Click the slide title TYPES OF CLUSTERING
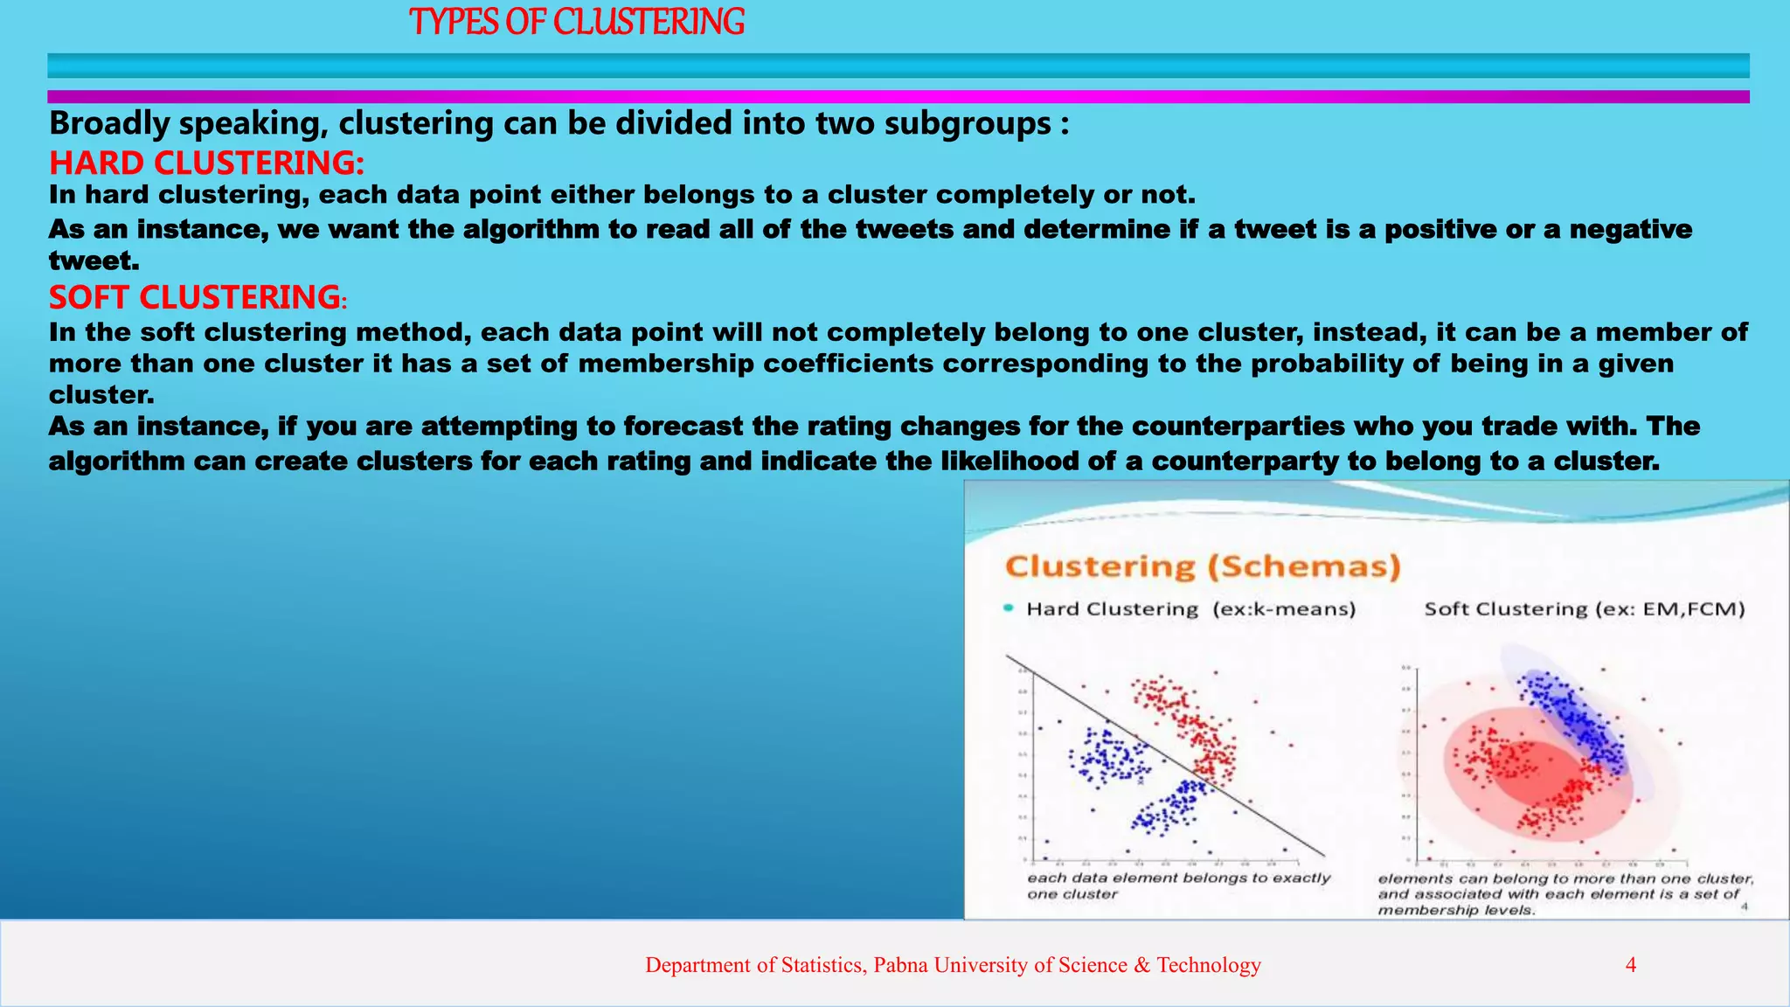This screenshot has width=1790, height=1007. (x=577, y=22)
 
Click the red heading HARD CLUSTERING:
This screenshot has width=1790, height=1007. (x=206, y=163)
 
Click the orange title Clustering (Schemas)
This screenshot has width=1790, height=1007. (x=1203, y=566)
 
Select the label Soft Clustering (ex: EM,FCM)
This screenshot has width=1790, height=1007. (x=1585, y=609)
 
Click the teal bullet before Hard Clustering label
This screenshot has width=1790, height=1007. (x=1009, y=608)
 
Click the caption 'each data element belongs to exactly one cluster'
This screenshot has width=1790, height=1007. (x=1178, y=885)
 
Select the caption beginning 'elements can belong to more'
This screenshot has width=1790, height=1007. (x=1565, y=893)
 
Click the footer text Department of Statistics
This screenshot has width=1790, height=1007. (x=953, y=965)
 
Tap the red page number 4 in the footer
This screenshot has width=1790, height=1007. (x=1630, y=965)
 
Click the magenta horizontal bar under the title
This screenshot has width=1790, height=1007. (x=898, y=97)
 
